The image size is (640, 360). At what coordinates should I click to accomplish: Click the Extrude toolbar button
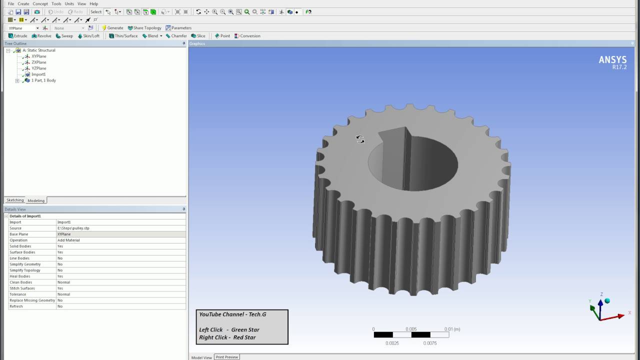(x=17, y=36)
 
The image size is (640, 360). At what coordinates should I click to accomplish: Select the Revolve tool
(x=41, y=36)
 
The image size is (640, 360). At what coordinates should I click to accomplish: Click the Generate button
(x=112, y=28)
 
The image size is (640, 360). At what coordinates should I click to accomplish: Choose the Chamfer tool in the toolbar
(x=176, y=36)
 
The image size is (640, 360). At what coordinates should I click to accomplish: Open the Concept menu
(x=40, y=3)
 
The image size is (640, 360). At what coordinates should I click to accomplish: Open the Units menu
(x=69, y=3)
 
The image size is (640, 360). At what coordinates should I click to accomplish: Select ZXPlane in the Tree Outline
(x=38, y=62)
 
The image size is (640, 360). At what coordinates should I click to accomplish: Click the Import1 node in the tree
(x=38, y=74)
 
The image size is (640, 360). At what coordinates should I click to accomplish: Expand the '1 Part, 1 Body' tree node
(x=17, y=80)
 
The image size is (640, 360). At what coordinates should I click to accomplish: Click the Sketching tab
(x=15, y=200)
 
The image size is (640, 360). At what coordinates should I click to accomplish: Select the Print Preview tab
(x=226, y=357)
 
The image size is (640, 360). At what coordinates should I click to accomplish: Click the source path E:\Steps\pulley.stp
(x=73, y=228)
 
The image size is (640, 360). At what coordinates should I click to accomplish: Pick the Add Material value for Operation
(x=68, y=240)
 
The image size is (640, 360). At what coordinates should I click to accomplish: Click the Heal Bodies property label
(x=20, y=276)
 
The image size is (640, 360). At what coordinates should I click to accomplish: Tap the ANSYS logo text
(x=612, y=60)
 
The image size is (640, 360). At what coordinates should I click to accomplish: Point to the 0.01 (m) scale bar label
(x=452, y=329)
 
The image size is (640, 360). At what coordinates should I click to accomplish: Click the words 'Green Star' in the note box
(x=245, y=329)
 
